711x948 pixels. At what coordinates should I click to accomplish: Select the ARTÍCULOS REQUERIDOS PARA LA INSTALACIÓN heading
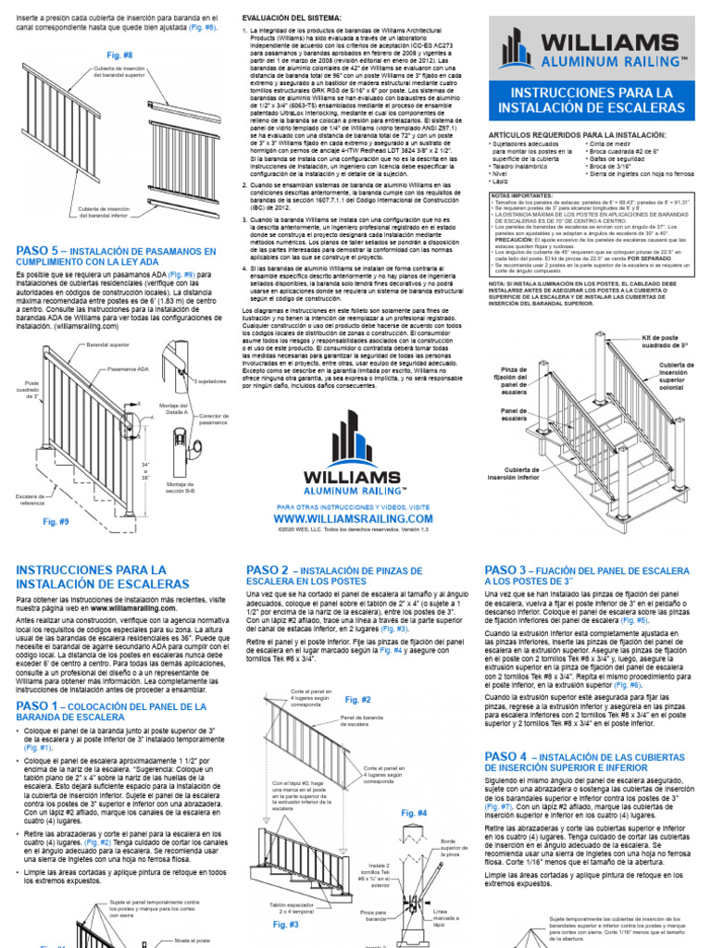point(576,133)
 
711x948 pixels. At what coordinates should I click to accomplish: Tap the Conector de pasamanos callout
point(213,420)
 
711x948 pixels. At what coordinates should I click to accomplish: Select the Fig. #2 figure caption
point(357,700)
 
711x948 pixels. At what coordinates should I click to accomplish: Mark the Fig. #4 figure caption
point(415,813)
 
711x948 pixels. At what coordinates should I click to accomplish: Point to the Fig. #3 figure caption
point(285,924)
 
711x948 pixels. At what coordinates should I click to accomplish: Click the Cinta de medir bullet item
point(612,143)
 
